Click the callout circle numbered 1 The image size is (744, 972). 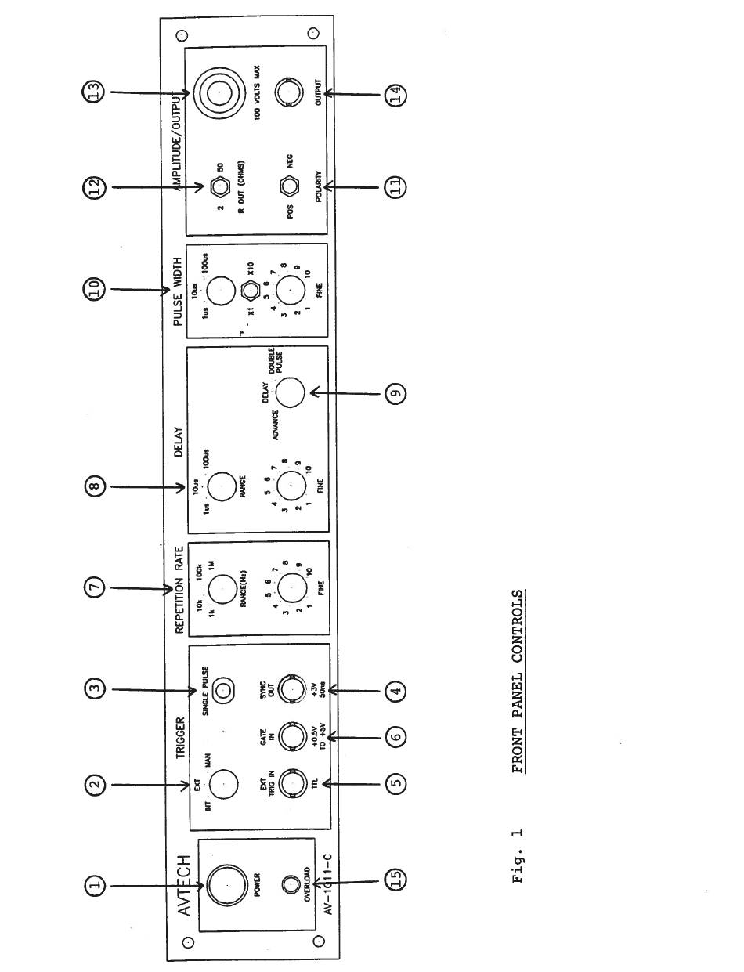(96, 886)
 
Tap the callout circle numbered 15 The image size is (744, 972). (395, 878)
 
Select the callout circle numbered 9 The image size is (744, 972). (395, 392)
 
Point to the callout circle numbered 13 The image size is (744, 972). (96, 92)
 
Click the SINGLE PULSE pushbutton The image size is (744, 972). (225, 690)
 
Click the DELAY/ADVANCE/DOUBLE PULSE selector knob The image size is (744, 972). (291, 392)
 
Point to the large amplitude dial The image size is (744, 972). (219, 93)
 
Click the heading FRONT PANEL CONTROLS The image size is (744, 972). (518, 681)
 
